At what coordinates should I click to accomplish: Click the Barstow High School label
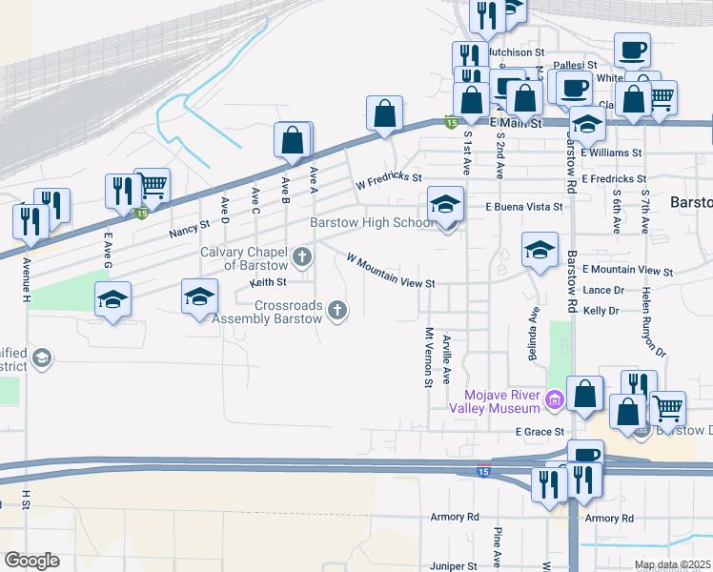click(x=373, y=223)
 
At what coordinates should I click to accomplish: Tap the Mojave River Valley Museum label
click(x=500, y=402)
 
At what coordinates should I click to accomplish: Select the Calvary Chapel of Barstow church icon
click(x=302, y=255)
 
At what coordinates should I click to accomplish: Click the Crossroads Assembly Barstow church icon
click(x=336, y=309)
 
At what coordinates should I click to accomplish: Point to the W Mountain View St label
click(x=391, y=271)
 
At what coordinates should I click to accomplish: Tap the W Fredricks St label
click(x=388, y=177)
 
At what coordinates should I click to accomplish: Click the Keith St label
click(x=268, y=282)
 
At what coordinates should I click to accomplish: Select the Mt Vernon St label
click(x=428, y=357)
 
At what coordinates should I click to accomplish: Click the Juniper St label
click(x=452, y=565)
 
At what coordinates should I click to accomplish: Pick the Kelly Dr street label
click(x=601, y=311)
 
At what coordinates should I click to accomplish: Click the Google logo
click(x=31, y=560)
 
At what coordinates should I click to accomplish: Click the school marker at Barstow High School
click(x=445, y=204)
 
